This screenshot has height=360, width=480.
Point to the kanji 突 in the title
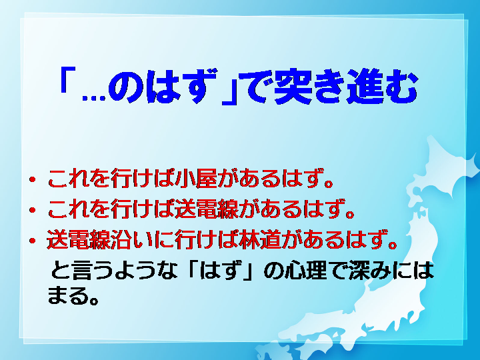click(x=293, y=86)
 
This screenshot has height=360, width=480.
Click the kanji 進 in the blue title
click(x=365, y=86)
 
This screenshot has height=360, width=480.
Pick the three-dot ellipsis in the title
click(x=94, y=97)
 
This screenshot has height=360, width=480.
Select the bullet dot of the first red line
click(x=32, y=180)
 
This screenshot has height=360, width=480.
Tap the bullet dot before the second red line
click(x=32, y=210)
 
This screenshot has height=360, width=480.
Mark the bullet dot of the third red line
click(x=32, y=241)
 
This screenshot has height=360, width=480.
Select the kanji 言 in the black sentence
click(x=81, y=270)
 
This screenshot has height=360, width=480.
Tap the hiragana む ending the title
click(x=401, y=86)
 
